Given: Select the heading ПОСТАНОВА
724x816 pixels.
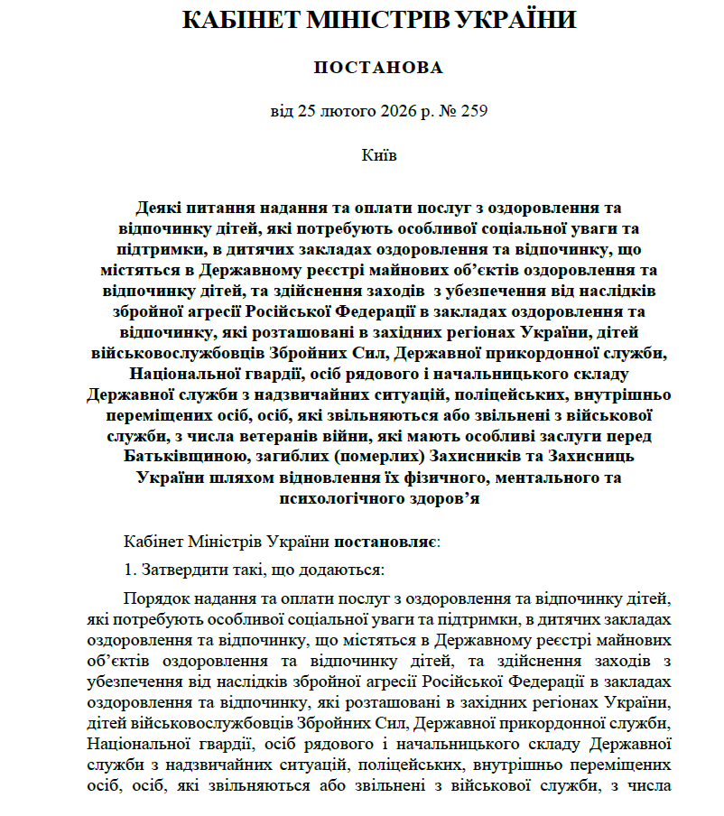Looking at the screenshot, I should click(x=378, y=69).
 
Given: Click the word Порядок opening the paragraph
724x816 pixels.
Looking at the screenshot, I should click(x=154, y=599).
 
